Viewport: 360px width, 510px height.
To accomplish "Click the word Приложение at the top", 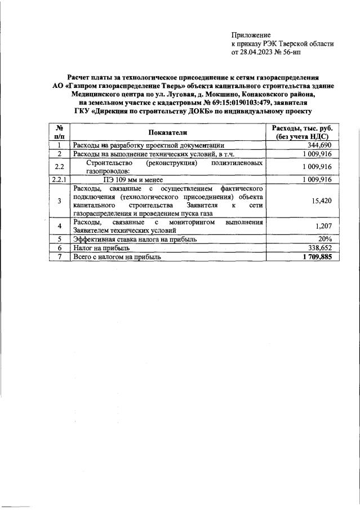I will tap(251, 36).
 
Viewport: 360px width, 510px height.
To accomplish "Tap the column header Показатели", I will tap(167, 132).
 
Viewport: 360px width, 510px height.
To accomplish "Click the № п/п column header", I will tap(59, 132).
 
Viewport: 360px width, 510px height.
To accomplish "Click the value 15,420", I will tap(321, 200).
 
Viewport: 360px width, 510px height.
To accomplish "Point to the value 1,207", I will tap(323, 227).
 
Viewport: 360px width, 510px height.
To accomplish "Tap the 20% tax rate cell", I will tap(325, 239).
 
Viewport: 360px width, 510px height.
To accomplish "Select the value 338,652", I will tap(318, 247).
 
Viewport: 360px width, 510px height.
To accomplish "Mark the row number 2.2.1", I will tap(59, 180).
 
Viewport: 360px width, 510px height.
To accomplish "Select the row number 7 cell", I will tap(59, 256).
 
